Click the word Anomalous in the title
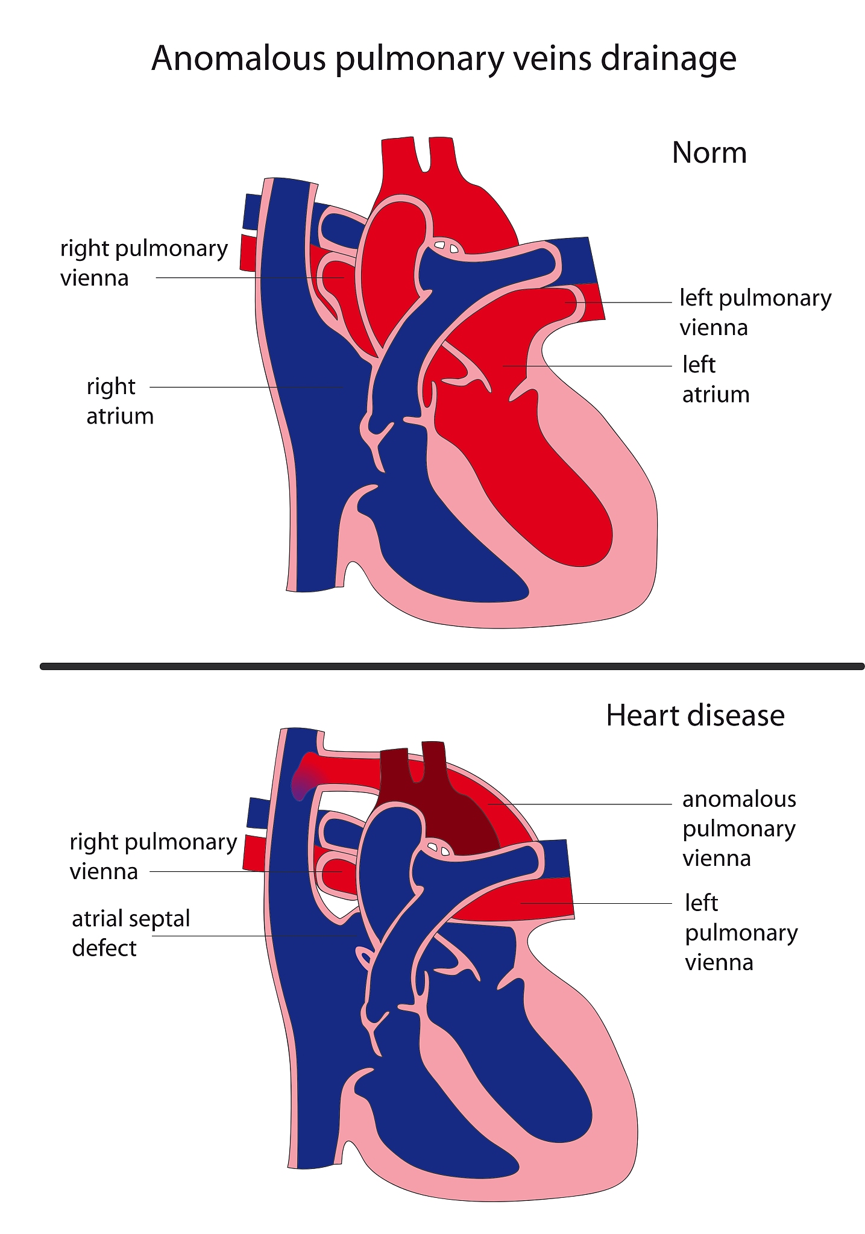click(239, 59)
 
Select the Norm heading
click(709, 153)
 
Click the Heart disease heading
click(695, 716)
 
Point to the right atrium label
click(120, 401)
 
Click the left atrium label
click(716, 380)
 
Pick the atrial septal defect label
click(131, 933)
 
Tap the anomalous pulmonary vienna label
click(739, 828)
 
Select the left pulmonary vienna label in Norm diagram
click(755, 313)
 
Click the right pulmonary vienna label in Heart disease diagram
click(153, 856)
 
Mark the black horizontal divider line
click(452, 666)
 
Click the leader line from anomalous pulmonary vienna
click(579, 804)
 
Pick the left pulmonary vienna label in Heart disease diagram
click(741, 933)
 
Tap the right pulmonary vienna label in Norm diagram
click(144, 263)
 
